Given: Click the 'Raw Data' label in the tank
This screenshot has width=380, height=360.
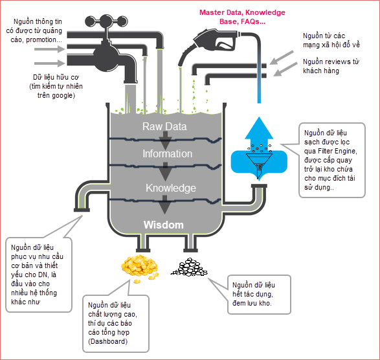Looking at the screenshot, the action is point(164,126).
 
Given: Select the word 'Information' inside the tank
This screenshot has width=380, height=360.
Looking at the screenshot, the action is point(167,153).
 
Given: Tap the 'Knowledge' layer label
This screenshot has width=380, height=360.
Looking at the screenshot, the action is point(171,188).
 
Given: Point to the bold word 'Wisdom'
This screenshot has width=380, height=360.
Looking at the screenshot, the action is point(164,225).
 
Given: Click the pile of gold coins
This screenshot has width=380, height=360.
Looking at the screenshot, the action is point(140,268).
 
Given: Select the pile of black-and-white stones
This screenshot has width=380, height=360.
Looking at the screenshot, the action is point(189,267).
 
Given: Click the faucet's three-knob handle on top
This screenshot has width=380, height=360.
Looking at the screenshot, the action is point(106,22).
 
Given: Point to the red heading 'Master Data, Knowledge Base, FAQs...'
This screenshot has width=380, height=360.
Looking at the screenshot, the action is point(242,17).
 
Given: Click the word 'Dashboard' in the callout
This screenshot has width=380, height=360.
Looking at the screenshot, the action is point(108,341).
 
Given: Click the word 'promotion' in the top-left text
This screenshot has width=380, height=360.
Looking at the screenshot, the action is point(41,39).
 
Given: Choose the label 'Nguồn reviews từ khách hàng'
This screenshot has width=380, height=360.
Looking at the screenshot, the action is point(331,66).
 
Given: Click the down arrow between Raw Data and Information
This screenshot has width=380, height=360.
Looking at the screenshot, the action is point(165,141).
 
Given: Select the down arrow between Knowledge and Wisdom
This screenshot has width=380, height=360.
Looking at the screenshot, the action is point(165,205).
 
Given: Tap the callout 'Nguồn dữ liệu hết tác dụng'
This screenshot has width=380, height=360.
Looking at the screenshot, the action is point(259,295).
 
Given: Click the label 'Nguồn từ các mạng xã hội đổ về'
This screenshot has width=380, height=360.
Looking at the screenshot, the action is point(331,40).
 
